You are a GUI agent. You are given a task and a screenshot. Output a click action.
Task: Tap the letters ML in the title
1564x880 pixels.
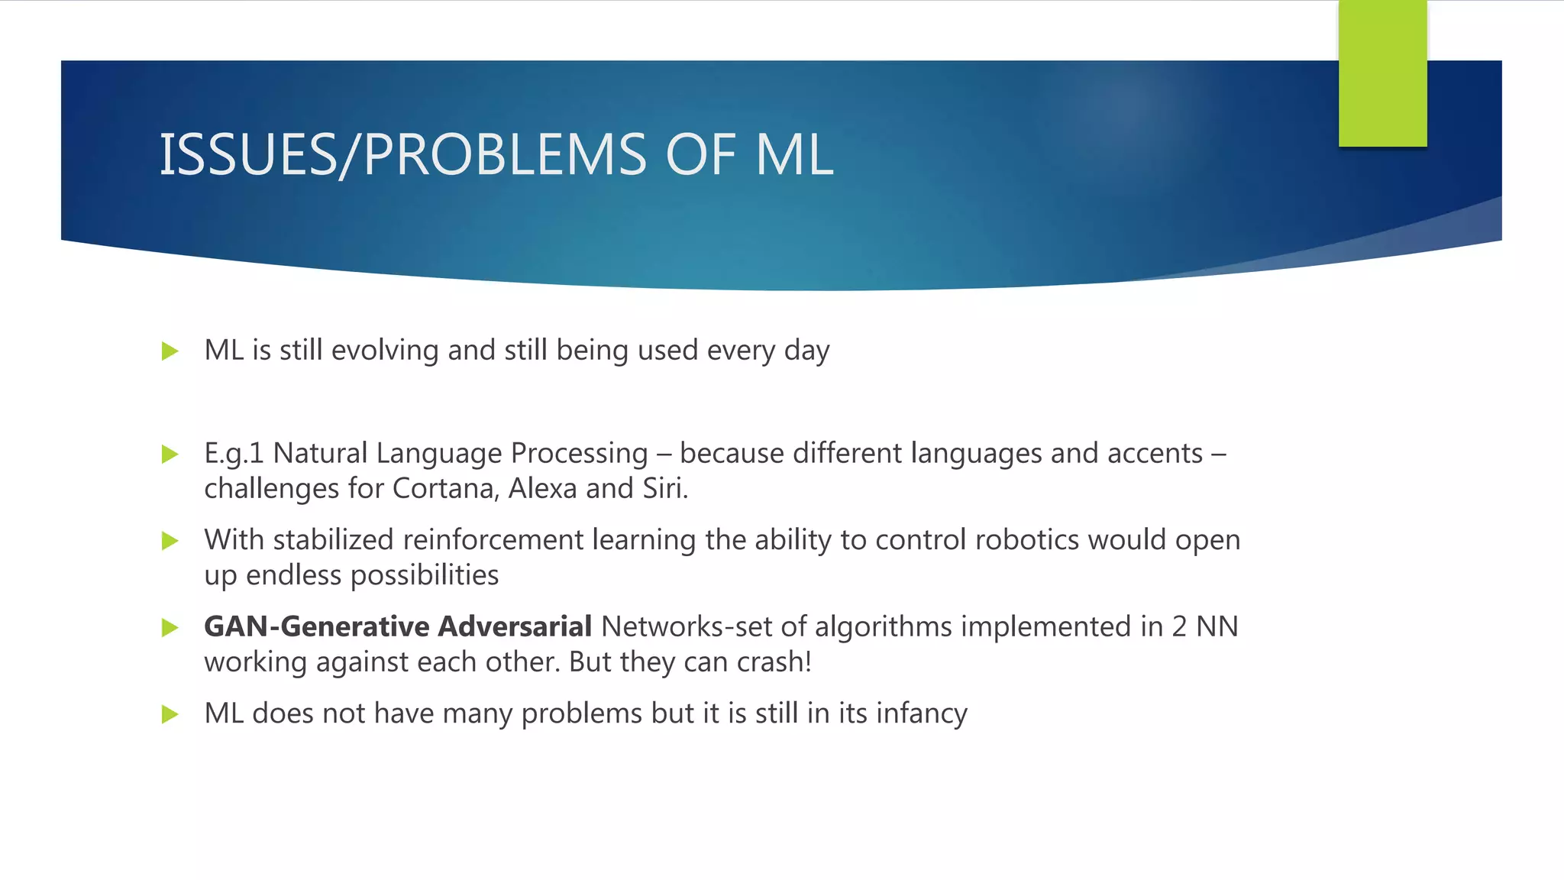794,155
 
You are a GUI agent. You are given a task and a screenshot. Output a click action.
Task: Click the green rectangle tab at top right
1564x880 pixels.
1382,73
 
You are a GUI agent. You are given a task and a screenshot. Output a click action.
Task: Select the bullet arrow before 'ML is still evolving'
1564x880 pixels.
170,351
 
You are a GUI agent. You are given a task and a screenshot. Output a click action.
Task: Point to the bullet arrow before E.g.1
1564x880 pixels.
170,455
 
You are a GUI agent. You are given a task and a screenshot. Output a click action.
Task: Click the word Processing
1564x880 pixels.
579,454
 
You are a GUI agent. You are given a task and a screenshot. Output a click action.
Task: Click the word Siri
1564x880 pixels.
664,489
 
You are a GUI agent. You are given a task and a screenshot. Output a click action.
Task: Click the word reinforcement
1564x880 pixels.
493,540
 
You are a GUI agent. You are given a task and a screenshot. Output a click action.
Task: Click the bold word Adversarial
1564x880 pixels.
515,626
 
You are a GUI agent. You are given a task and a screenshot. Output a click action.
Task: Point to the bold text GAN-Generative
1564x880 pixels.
317,626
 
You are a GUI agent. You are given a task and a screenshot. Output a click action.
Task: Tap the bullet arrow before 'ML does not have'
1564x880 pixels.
170,714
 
